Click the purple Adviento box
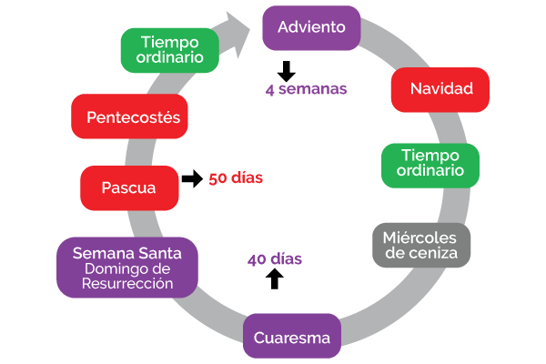[x=311, y=27]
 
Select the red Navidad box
[x=441, y=89]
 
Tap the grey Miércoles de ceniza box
[x=421, y=245]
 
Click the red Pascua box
[x=128, y=188]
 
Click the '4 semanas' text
[x=306, y=89]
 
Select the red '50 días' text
[x=236, y=178]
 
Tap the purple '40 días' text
[x=274, y=259]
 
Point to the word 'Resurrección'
[x=126, y=283]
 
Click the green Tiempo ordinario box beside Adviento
[x=170, y=51]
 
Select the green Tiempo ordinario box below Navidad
[x=430, y=163]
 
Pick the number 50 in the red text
[x=217, y=178]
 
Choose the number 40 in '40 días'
[x=257, y=259]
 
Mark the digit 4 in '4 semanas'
[x=270, y=89]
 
